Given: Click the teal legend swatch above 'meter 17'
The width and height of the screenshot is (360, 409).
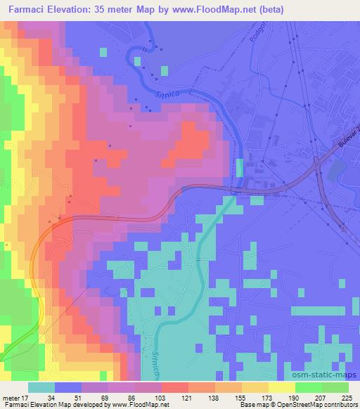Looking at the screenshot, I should click(x=41, y=387).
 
